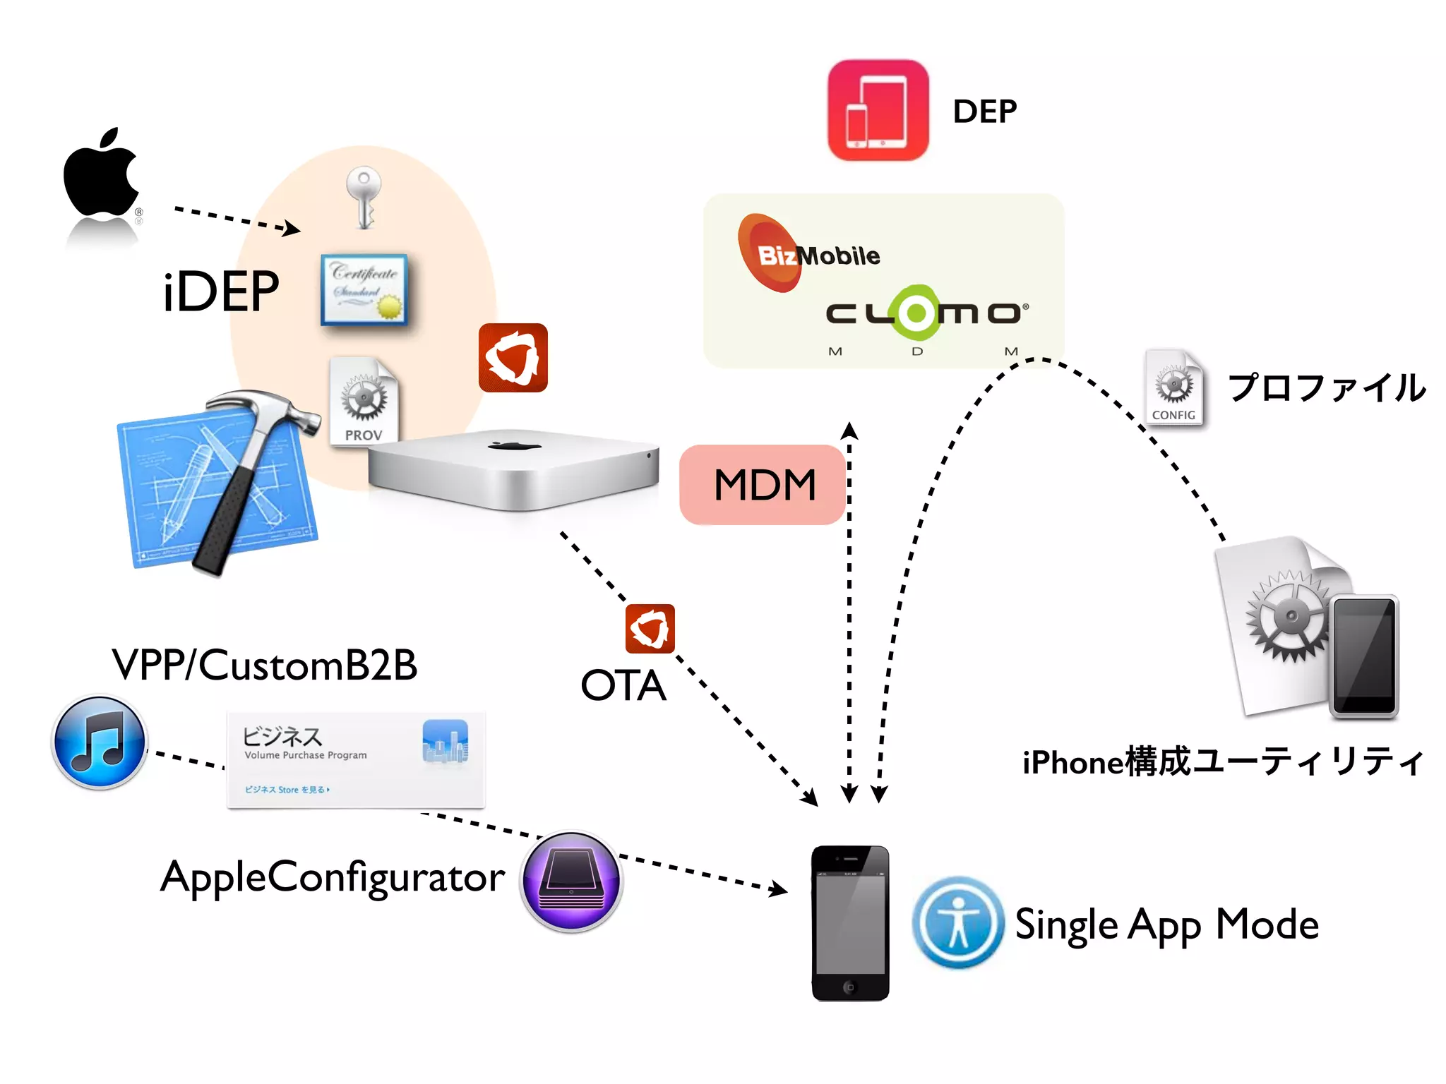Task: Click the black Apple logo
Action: (101, 174)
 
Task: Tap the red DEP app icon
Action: (878, 111)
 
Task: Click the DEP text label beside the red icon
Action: (984, 112)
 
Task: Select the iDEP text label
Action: (220, 291)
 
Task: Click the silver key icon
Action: (364, 196)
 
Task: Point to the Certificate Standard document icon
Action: (364, 289)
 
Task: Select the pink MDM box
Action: (763, 485)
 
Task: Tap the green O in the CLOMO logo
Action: (916, 313)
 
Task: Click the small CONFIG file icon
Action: (1173, 388)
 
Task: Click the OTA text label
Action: (623, 685)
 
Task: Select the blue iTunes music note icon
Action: (100, 742)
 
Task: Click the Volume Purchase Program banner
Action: (355, 760)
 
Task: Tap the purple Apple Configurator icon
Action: (570, 881)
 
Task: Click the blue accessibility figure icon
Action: (957, 922)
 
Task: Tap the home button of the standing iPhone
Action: (849, 987)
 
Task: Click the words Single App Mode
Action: (1166, 925)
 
